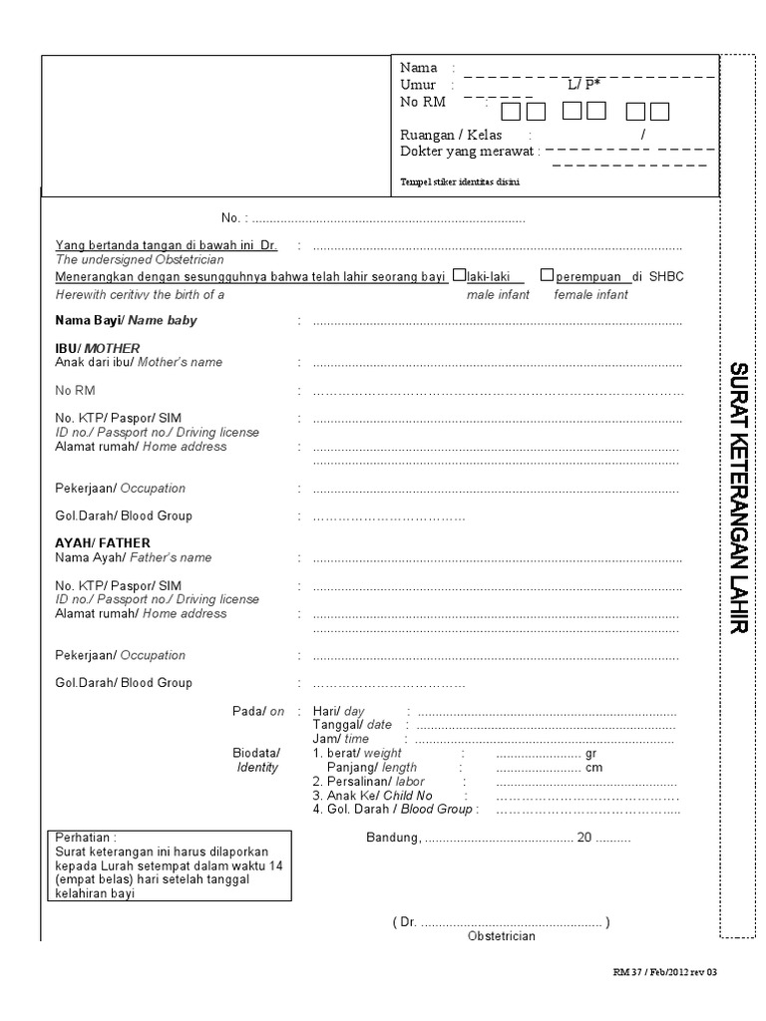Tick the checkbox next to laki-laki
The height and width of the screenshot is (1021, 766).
[x=459, y=275]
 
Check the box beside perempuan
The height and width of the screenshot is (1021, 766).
[x=547, y=275]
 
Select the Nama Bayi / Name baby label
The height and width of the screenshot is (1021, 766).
[x=126, y=321]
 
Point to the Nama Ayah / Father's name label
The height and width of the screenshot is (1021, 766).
[x=133, y=557]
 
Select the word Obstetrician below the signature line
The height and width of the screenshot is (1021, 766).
[x=501, y=936]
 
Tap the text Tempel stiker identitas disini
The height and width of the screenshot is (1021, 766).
[x=460, y=182]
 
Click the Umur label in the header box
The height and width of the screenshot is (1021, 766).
[x=418, y=85]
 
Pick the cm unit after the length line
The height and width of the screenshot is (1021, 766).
[x=594, y=768]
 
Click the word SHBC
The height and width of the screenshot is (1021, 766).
[x=667, y=276]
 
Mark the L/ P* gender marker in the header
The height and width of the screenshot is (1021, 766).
[x=584, y=85]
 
